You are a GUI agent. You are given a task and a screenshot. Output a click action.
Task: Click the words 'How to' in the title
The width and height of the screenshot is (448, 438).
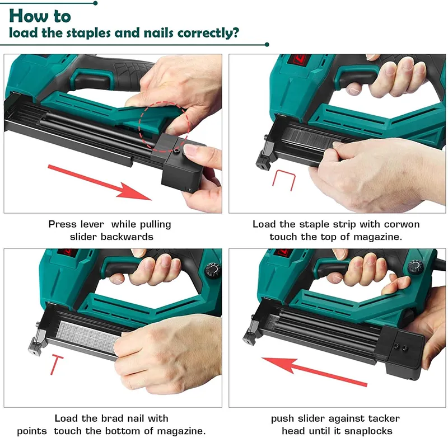click(x=40, y=15)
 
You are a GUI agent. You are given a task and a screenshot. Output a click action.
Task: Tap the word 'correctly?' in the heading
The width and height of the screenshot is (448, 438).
click(x=208, y=32)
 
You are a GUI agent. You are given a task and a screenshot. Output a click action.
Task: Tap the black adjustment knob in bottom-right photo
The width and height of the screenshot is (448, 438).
click(x=416, y=267)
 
